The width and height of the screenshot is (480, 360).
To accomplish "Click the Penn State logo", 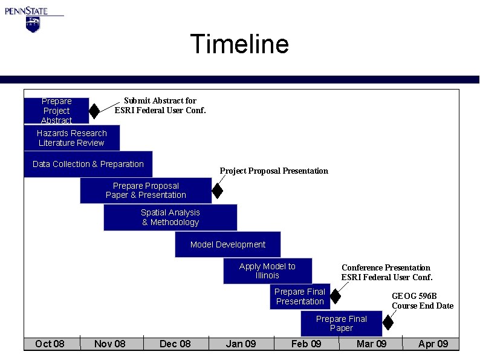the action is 33,18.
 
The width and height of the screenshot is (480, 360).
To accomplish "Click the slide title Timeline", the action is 239,44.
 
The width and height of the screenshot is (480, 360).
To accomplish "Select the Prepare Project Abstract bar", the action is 56,111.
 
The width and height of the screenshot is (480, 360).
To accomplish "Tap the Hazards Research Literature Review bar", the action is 71,138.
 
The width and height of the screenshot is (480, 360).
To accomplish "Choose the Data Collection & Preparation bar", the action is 88,164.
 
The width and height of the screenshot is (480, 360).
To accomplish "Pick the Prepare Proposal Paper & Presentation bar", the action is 146,191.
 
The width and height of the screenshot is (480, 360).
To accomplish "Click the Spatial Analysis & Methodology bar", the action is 170,217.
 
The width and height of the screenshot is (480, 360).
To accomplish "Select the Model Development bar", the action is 227,244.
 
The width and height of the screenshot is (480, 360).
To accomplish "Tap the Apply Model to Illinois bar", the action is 267,270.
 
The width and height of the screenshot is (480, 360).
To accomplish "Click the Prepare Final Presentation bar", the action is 300,296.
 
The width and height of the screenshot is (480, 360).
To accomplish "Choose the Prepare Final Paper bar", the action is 341,323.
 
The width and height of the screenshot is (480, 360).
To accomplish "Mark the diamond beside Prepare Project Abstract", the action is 94,111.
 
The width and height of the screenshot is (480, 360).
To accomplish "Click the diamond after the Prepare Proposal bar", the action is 218,191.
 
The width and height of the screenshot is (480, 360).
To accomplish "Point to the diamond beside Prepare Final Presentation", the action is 336,296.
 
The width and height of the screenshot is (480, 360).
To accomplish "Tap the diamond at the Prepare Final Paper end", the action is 388,323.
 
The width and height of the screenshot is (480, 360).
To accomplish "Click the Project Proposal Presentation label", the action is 274,171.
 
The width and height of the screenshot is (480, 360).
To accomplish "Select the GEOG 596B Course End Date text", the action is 422,301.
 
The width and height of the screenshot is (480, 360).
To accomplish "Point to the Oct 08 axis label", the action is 50,344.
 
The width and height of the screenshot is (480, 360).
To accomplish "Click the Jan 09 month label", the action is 241,344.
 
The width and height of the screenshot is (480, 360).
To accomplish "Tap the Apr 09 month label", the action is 433,344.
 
